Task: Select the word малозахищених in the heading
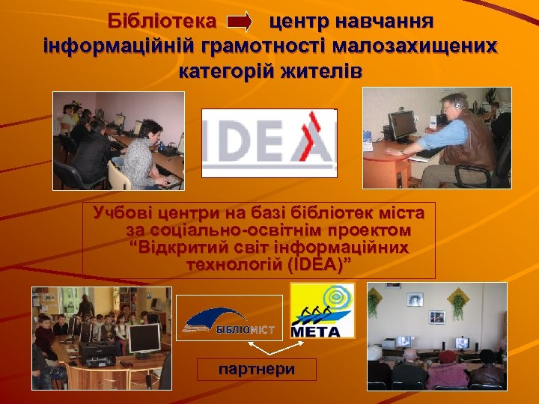415,45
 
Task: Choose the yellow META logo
322,310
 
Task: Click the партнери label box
257,370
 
